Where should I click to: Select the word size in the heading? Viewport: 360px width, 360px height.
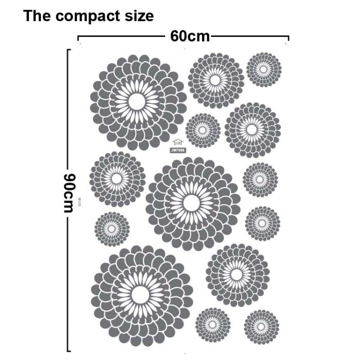[138, 15]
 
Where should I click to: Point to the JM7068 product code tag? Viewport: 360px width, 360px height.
[178, 150]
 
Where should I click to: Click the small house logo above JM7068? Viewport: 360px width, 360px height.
[178, 142]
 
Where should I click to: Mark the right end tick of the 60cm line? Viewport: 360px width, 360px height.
[288, 38]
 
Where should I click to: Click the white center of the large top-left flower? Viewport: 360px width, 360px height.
[136, 101]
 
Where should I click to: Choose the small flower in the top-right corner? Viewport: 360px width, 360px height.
[264, 70]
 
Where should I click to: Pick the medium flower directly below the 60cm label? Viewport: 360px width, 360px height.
[216, 81]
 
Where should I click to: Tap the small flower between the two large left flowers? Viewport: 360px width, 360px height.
[112, 229]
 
